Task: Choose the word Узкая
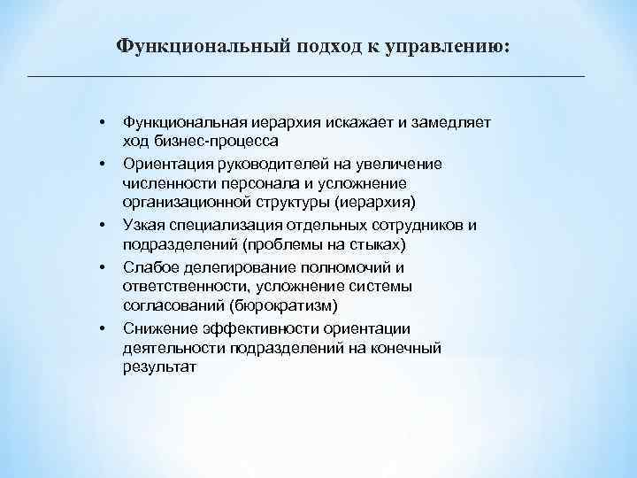pos(144,225)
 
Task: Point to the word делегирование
pos(234,266)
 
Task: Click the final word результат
pos(156,366)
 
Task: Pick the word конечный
pos(403,346)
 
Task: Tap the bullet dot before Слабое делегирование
pos(104,266)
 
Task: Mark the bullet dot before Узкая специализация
pos(104,225)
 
